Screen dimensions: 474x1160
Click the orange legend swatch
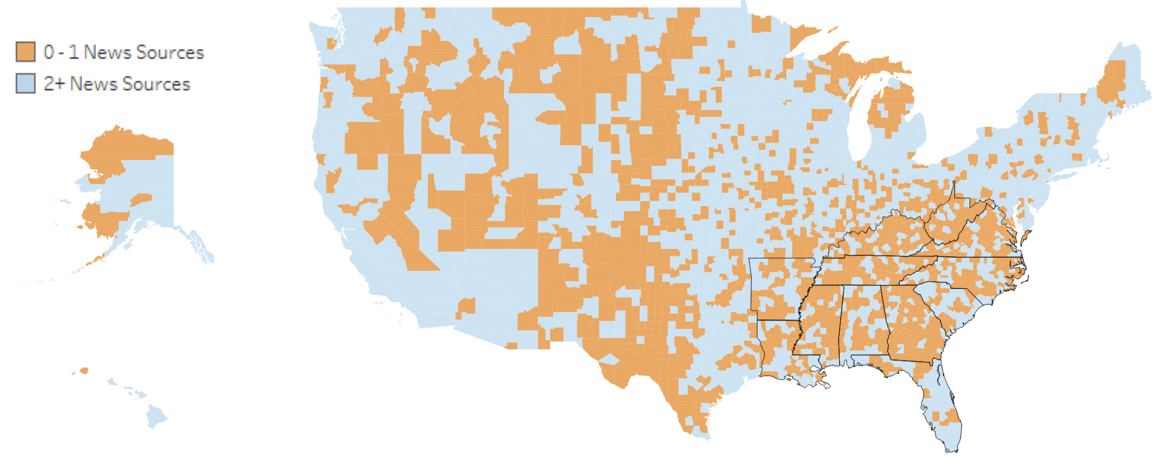pyautogui.click(x=26, y=51)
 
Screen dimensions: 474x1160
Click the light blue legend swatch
pyautogui.click(x=26, y=83)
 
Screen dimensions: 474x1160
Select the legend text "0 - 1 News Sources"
pyautogui.click(x=123, y=52)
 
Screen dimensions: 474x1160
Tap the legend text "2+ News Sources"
pyautogui.click(x=116, y=83)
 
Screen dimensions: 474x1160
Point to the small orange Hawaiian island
pyautogui.click(x=84, y=370)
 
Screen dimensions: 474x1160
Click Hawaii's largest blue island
pyautogui.click(x=156, y=417)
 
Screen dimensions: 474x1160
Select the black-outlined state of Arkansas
pyautogui.click(x=777, y=289)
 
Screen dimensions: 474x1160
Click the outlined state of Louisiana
pyautogui.click(x=780, y=351)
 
